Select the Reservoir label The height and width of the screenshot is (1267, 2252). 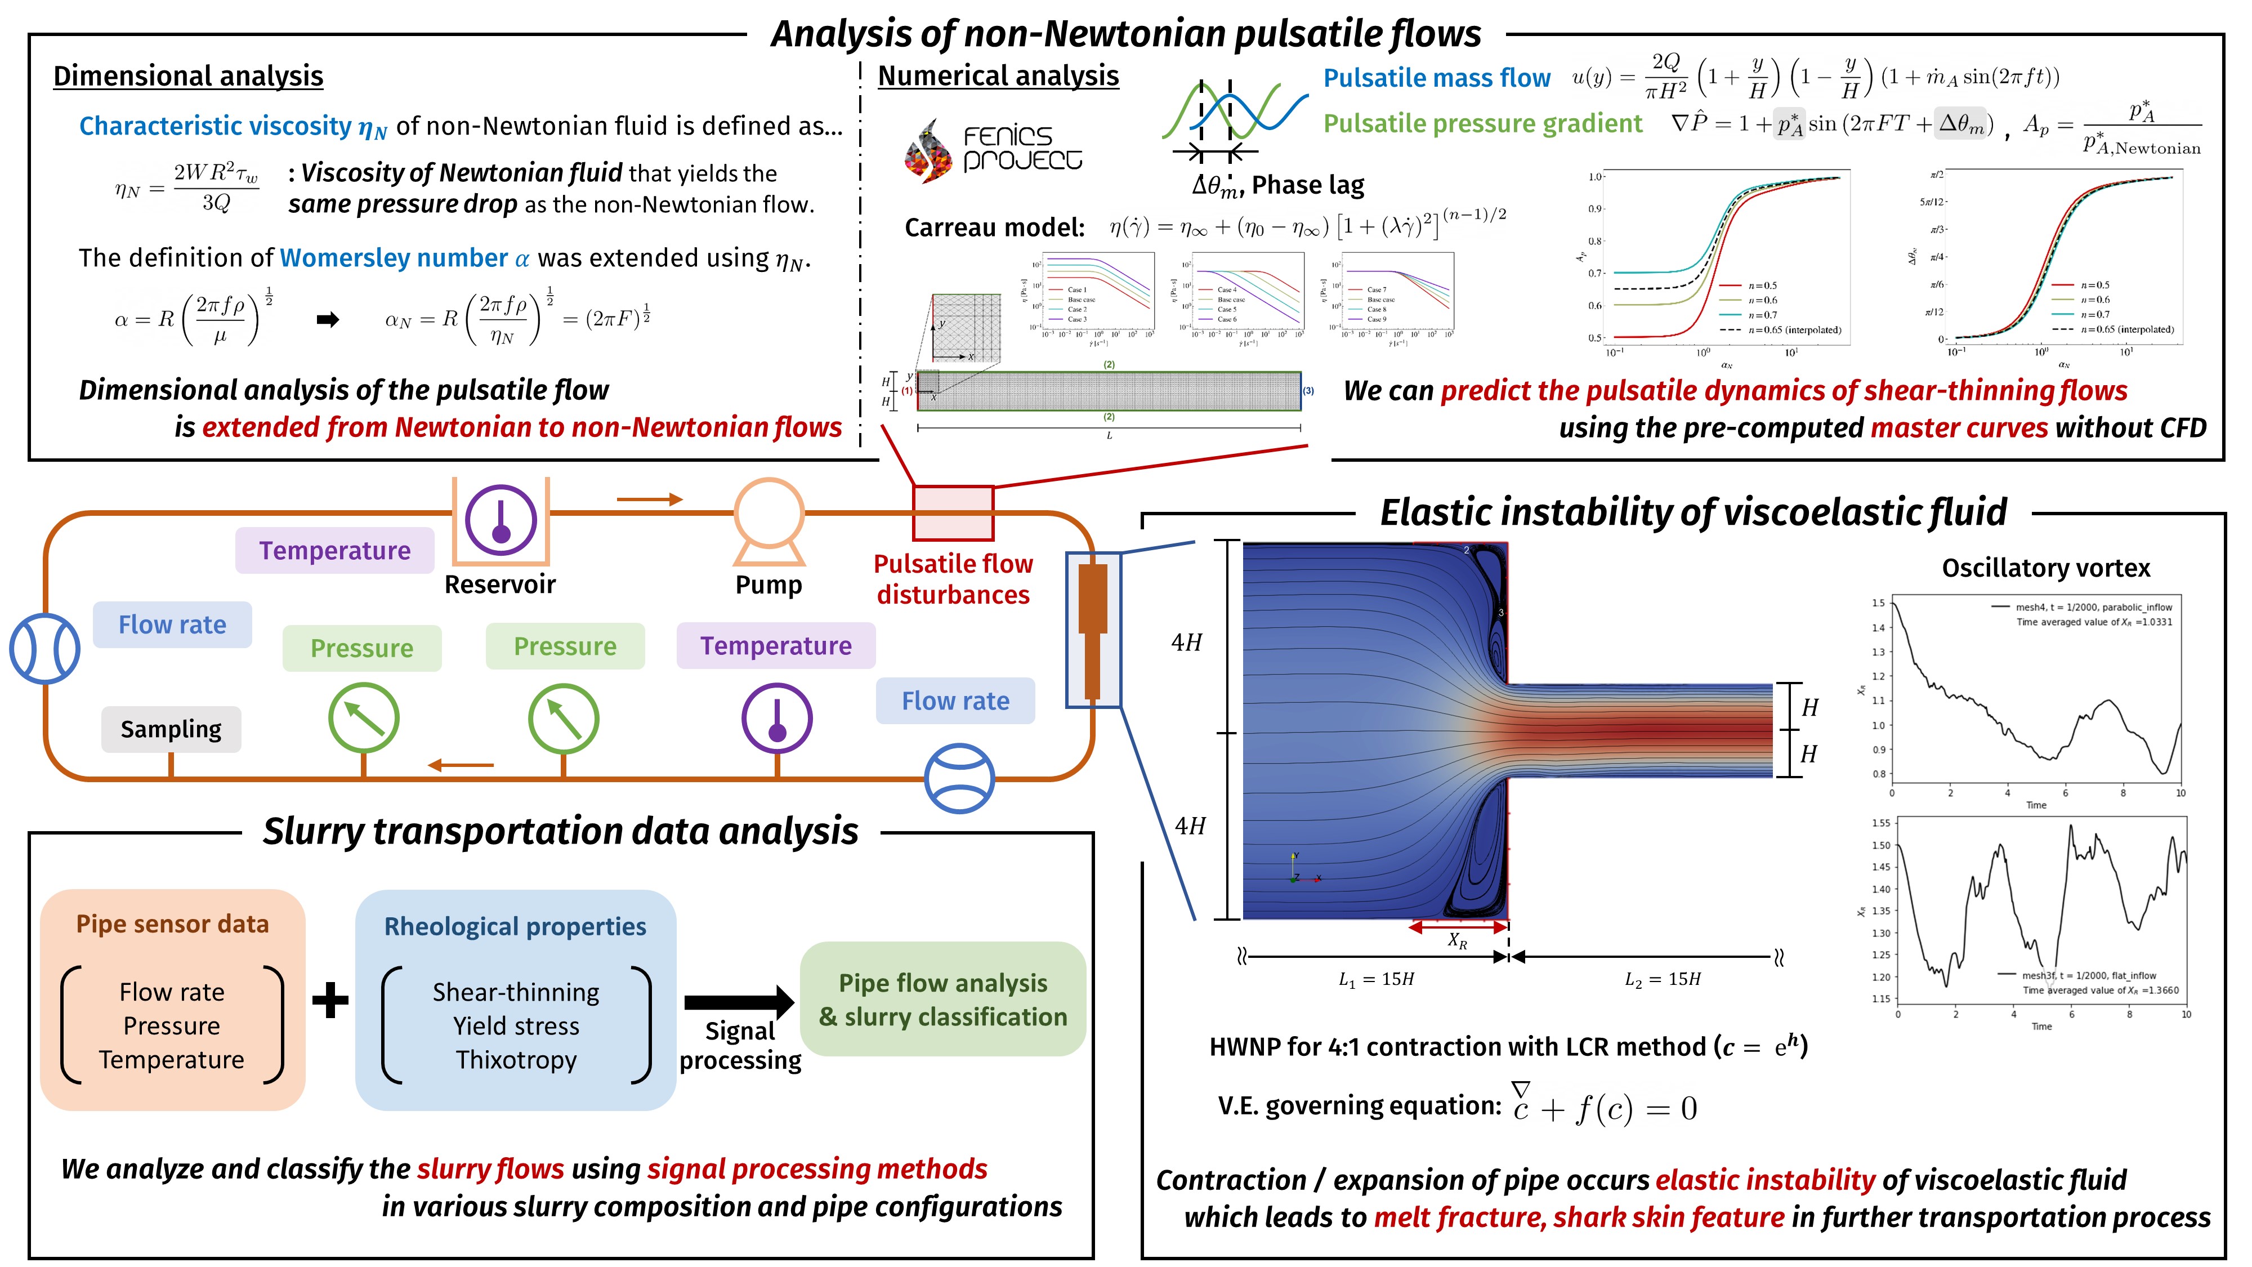click(x=499, y=584)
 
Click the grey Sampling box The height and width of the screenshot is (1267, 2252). click(x=171, y=729)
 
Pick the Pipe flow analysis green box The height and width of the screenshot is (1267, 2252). click(x=942, y=1000)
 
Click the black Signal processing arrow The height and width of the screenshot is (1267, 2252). click(x=739, y=1002)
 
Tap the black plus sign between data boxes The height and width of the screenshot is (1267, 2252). click(x=330, y=1000)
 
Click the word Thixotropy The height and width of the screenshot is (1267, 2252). click(x=516, y=1060)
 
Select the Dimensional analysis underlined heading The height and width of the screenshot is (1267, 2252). click(x=188, y=76)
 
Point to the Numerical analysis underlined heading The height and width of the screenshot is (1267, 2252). click(x=998, y=76)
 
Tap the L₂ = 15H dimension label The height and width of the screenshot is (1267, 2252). click(x=1662, y=979)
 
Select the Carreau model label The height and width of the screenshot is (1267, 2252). click(x=994, y=228)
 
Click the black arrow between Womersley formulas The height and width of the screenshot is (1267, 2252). click(x=328, y=320)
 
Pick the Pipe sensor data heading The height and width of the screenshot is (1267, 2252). click(x=172, y=924)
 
